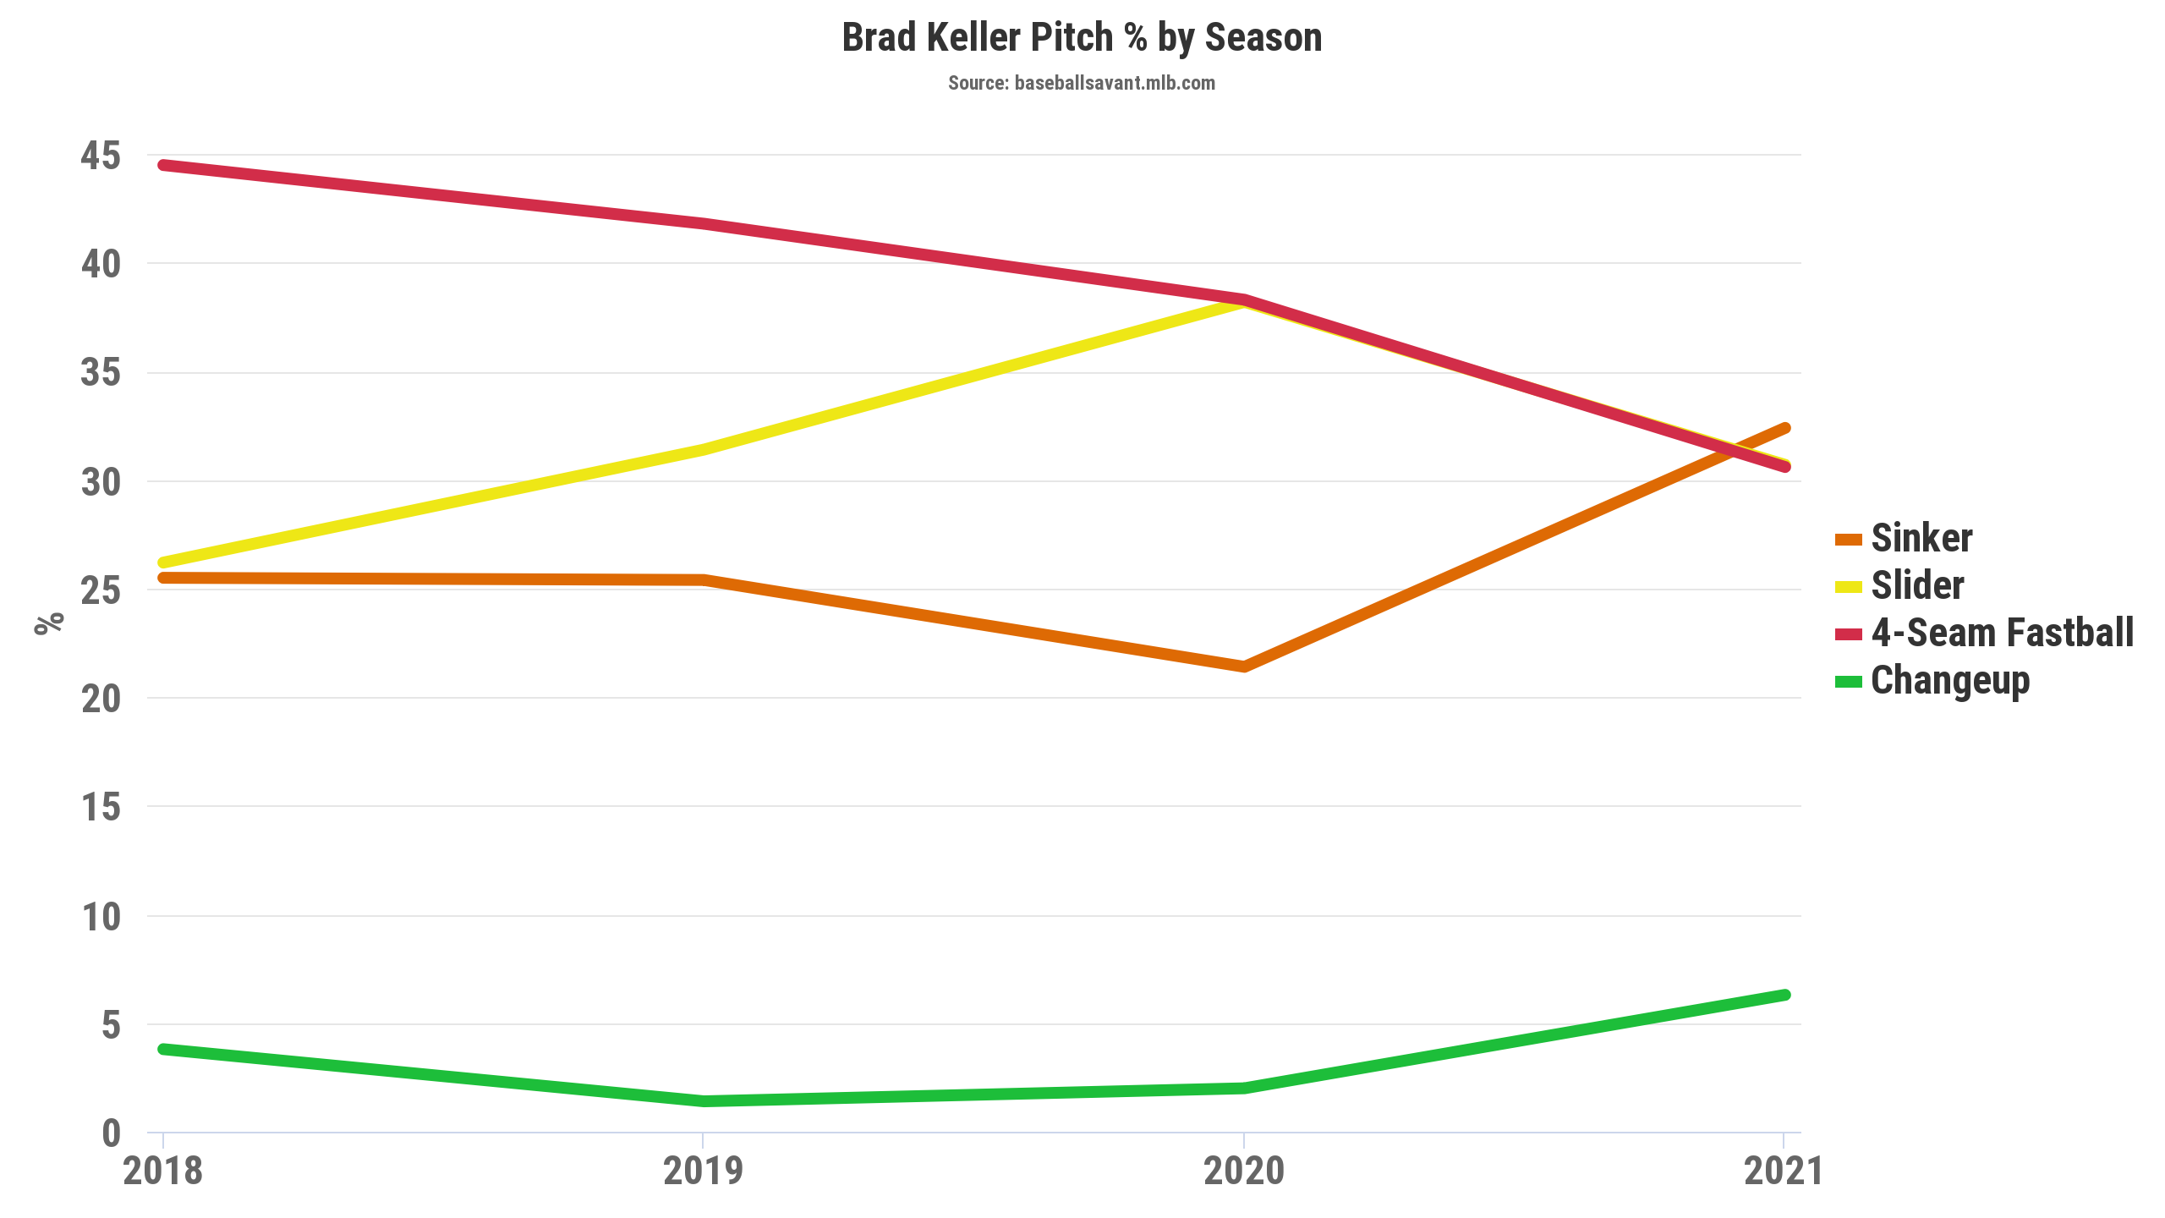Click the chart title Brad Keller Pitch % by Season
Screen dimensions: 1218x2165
click(x=1082, y=38)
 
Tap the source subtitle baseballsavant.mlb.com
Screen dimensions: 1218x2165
click(x=1082, y=83)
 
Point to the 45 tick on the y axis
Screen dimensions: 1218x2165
click(x=101, y=156)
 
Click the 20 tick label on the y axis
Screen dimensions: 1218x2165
click(x=101, y=699)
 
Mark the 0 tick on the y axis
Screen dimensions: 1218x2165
click(x=111, y=1133)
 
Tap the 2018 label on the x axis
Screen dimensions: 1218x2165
click(x=163, y=1171)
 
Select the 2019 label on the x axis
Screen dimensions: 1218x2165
click(x=704, y=1171)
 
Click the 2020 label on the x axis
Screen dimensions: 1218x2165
click(x=1244, y=1171)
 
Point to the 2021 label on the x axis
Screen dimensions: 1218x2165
click(x=1783, y=1171)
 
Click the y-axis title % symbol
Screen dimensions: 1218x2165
click(x=49, y=623)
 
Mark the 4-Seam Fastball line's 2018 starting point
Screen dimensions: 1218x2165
click(x=163, y=165)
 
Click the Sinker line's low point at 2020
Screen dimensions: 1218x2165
click(x=1244, y=667)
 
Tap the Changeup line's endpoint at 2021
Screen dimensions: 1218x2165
click(x=1784, y=995)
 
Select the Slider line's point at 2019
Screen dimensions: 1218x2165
click(x=704, y=449)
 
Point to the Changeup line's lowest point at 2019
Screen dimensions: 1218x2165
click(x=704, y=1101)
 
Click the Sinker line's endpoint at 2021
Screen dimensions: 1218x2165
click(x=1784, y=428)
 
